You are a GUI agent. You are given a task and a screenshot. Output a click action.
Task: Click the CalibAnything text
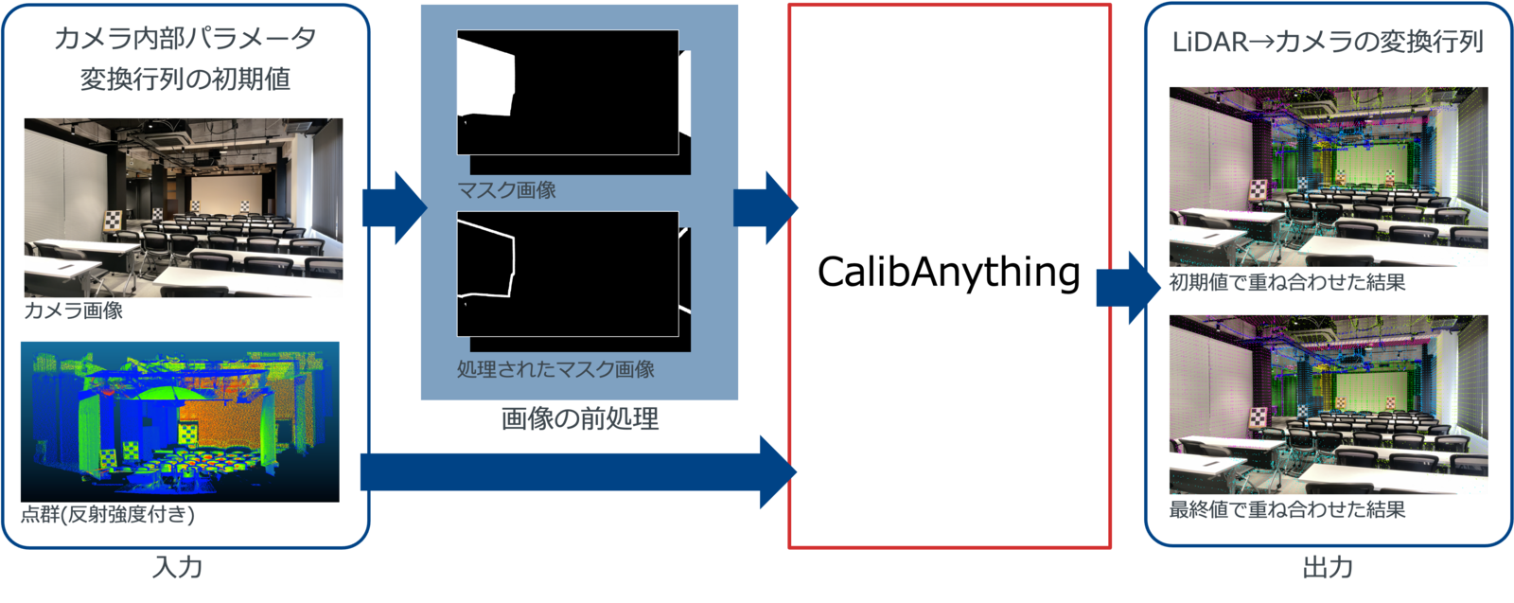point(948,273)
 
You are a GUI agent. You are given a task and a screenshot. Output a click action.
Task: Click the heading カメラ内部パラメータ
point(185,39)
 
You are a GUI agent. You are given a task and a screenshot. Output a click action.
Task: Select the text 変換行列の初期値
point(185,80)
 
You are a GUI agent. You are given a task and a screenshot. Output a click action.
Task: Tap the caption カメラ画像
point(73,310)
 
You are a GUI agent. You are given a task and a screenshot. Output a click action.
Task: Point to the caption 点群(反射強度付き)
point(108,514)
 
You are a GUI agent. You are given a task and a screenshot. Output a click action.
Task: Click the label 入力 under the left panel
point(177,568)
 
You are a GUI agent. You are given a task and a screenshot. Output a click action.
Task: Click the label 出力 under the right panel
point(1327,568)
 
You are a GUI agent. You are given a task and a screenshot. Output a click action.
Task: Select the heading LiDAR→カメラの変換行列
point(1327,43)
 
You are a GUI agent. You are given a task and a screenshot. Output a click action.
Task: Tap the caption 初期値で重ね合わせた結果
point(1287,282)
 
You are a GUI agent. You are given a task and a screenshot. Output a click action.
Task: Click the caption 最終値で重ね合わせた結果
point(1287,509)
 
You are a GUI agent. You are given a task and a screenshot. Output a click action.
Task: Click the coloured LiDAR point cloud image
point(180,422)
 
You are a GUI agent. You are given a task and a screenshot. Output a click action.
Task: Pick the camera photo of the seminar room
point(184,206)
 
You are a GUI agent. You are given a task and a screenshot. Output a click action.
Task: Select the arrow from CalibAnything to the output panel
point(1126,288)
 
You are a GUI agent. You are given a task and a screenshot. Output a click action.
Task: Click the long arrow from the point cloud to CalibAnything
point(577,471)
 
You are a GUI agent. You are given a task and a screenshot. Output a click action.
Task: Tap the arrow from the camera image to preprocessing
point(391,207)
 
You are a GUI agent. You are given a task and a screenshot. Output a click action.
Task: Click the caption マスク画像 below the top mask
point(506,190)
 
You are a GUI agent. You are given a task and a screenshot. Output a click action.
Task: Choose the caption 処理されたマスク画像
point(555,369)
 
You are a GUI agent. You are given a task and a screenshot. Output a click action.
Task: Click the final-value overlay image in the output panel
point(1328,404)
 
